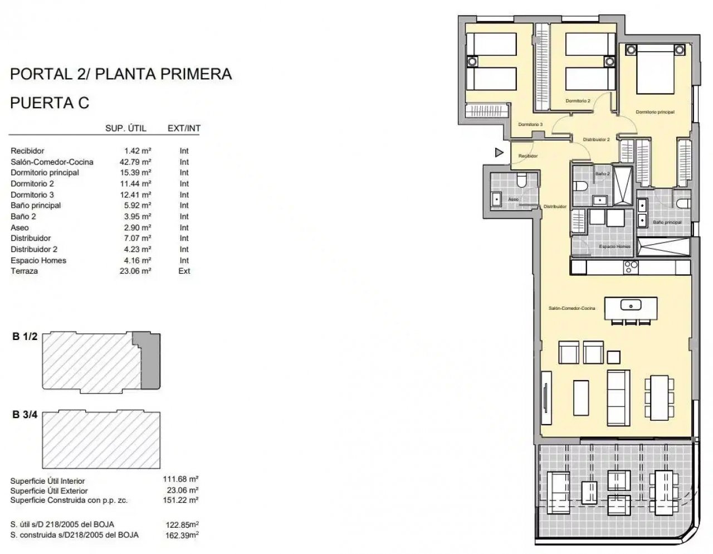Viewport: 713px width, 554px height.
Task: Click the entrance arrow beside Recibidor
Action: pos(499,152)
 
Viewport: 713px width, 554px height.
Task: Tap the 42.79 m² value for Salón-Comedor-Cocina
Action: pos(135,162)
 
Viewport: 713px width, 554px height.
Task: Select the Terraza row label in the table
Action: pos(25,271)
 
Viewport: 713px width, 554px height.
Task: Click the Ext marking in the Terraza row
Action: pos(184,271)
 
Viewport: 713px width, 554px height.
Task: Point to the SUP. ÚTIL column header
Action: pos(126,128)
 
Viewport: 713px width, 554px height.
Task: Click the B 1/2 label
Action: pos(25,337)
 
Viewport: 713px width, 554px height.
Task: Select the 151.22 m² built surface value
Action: pos(181,500)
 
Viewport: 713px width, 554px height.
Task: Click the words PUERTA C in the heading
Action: pos(50,103)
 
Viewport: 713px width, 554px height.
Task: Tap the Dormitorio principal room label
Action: pos(655,112)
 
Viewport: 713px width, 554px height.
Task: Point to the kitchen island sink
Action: pos(631,305)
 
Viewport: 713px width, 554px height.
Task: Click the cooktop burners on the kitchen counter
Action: pos(631,267)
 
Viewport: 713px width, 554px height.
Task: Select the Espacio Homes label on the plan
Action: pos(614,246)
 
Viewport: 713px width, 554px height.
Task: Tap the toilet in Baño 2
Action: pos(580,186)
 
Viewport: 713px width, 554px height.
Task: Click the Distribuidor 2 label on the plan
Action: pos(596,139)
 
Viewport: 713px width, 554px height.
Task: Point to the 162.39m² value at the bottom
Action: pos(182,535)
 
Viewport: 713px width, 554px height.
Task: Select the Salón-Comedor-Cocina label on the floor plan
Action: pos(572,308)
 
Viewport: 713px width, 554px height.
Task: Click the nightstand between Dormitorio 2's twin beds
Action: pos(609,61)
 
